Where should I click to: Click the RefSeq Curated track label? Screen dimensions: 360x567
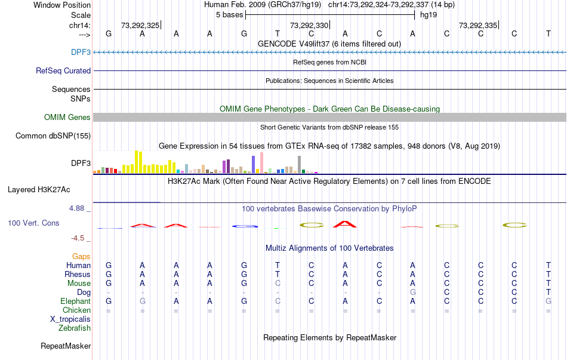pos(63,70)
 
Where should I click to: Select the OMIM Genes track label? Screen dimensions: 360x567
pos(67,118)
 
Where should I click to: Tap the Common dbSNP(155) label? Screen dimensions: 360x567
pos(53,136)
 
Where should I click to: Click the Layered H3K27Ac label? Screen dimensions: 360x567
pos(39,190)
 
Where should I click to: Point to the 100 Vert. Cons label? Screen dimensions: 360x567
pos(33,223)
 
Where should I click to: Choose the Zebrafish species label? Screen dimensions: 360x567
pos(75,328)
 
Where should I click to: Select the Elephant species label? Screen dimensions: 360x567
pos(75,301)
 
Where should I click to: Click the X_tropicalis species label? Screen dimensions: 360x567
pos(70,319)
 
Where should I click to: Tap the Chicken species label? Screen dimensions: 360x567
pos(76,310)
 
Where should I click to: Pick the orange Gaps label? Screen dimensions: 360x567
pos(81,256)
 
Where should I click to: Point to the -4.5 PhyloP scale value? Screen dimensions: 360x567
pos(79,238)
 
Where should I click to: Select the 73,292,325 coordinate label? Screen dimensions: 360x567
pos(140,26)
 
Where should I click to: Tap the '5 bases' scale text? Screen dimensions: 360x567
pos(229,14)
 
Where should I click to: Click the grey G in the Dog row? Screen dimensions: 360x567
pos(413,293)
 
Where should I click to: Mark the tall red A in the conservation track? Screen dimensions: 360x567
pos(345,224)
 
